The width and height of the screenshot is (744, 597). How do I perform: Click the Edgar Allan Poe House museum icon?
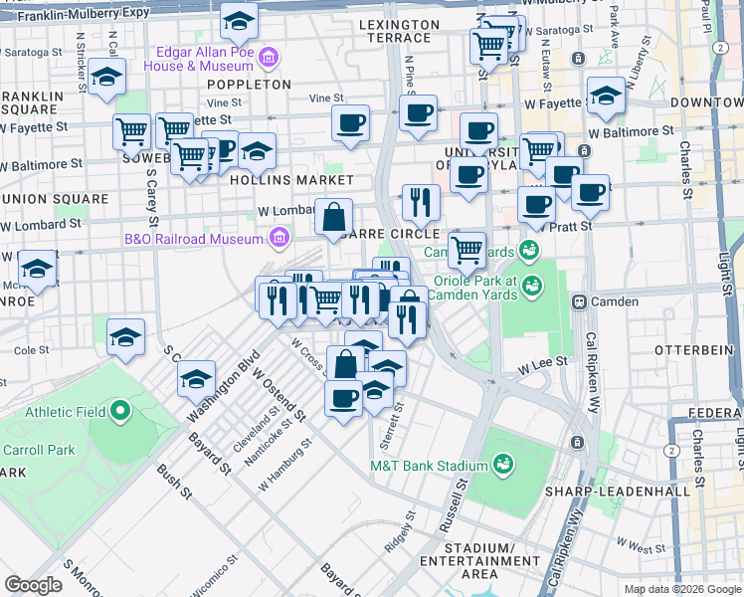[x=268, y=60]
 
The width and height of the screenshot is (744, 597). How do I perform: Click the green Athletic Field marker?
[x=120, y=411]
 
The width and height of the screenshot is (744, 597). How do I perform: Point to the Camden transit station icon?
[x=578, y=300]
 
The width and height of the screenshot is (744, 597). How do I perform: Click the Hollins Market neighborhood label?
[x=291, y=180]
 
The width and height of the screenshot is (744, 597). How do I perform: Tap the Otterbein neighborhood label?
[x=692, y=350]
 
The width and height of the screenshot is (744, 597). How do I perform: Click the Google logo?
[x=34, y=585]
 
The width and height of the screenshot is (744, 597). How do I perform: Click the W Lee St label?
[x=541, y=366]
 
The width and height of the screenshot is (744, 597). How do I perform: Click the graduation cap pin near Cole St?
[x=125, y=336]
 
